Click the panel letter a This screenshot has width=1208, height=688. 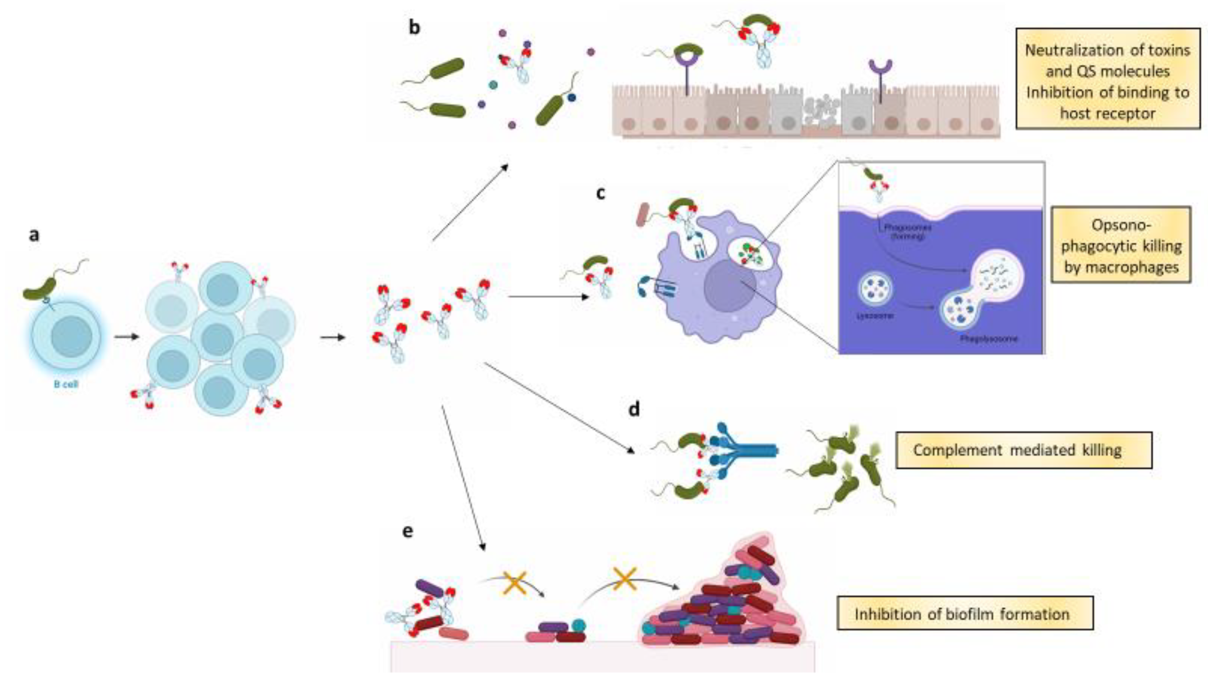(x=34, y=235)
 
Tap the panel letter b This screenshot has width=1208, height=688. (x=414, y=28)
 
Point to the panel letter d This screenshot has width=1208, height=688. (x=634, y=409)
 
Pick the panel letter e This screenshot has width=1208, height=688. (x=407, y=531)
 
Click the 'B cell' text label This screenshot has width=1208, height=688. (x=66, y=384)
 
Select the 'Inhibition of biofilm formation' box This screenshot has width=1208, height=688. (x=965, y=614)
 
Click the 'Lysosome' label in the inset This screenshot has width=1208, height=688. (x=874, y=316)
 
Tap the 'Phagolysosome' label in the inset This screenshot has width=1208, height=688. (x=988, y=339)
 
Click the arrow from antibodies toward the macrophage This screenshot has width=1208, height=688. (x=548, y=297)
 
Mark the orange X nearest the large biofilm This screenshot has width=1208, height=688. (x=624, y=579)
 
